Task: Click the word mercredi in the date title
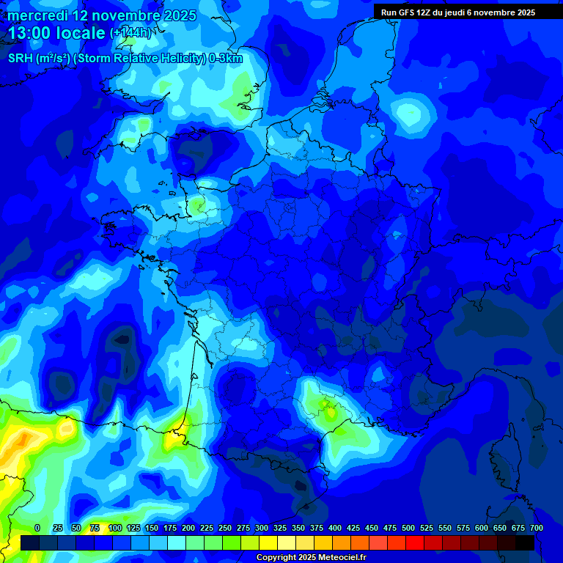[37, 15]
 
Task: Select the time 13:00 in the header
[30, 33]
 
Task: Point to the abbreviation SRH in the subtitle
[20, 59]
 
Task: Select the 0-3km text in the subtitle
[226, 59]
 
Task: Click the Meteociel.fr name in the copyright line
[340, 558]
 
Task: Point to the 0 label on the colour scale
[37, 528]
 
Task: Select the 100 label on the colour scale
[115, 528]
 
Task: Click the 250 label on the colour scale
[225, 528]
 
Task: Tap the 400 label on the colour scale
[335, 528]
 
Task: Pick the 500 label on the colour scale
[408, 528]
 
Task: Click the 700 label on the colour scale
[537, 528]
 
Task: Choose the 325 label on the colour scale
[280, 528]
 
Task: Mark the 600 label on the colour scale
[482, 528]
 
